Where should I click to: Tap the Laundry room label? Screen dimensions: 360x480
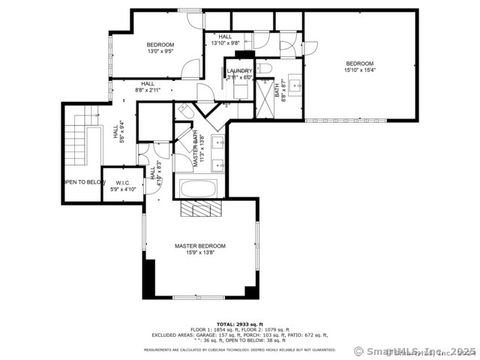238,74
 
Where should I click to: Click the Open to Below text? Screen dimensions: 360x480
84,183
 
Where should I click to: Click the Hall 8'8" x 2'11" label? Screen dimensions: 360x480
147,86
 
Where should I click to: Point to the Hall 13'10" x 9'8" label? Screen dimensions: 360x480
225,40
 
